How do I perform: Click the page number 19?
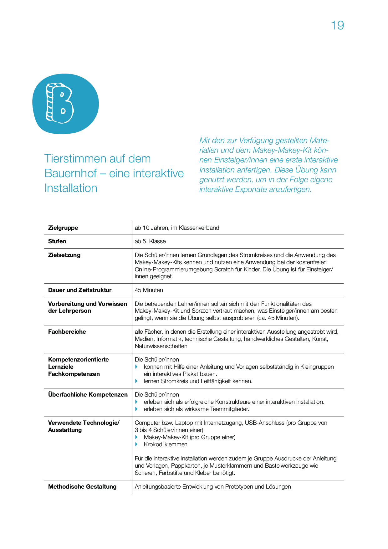click(337, 25)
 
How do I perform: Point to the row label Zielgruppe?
click(63, 228)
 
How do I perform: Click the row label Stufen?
click(57, 241)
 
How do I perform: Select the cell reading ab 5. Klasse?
click(150, 241)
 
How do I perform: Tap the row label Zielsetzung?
click(64, 255)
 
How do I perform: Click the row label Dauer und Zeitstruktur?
click(80, 290)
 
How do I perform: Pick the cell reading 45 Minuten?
click(149, 290)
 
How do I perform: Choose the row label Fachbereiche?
click(67, 332)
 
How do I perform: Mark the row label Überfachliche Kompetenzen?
click(88, 395)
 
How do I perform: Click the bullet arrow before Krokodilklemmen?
click(136, 444)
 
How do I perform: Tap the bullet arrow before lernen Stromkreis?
click(136, 381)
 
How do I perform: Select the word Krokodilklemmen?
click(166, 444)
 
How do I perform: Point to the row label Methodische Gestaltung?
click(82, 487)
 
